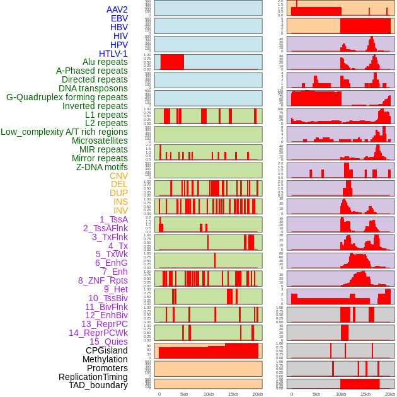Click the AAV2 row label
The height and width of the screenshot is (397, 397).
117,9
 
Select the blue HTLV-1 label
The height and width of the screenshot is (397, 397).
113,54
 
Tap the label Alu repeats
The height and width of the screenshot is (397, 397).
105,62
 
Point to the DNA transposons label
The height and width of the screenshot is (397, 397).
93,88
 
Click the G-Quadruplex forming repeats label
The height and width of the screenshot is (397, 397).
67,97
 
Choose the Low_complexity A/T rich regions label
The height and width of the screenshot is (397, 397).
64,132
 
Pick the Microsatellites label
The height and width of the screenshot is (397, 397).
100,141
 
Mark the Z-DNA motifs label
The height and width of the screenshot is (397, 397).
102,167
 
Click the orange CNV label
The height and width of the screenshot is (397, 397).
118,176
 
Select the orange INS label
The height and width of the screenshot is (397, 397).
120,202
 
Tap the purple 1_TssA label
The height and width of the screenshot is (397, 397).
114,219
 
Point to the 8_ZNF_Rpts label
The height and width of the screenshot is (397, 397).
103,280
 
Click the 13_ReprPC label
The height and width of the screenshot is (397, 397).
105,324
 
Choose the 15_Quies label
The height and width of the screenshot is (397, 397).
108,342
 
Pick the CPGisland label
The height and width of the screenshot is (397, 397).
106,350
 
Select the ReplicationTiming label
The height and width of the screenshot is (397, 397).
93,377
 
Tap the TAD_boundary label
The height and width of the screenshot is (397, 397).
98,385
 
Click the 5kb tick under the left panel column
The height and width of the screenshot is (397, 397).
184,394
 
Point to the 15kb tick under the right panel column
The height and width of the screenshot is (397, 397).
365,394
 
